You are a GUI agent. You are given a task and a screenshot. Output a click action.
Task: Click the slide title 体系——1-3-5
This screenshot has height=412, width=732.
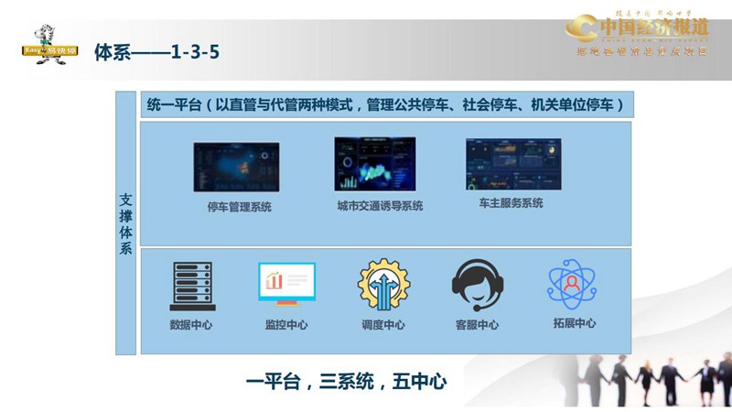[x=156, y=52]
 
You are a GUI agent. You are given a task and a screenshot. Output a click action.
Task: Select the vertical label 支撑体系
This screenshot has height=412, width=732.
[x=126, y=224]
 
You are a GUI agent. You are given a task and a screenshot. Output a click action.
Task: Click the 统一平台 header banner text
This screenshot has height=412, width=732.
[x=384, y=105]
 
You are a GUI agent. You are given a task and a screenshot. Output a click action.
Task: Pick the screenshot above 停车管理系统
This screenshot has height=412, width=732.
[x=236, y=168]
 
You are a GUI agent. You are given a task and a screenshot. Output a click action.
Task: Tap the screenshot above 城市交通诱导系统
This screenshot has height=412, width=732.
[x=374, y=164]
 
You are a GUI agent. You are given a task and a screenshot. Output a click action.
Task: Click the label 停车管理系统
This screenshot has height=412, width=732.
[x=239, y=207]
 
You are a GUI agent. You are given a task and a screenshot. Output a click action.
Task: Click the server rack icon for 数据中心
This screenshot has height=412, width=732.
[x=192, y=286]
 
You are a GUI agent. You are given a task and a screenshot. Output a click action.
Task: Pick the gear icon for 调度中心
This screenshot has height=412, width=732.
[x=383, y=285]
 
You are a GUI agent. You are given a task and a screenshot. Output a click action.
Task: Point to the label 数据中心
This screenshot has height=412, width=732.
[x=192, y=325]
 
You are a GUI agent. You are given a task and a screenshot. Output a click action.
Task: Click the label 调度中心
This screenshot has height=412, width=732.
[x=383, y=325]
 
